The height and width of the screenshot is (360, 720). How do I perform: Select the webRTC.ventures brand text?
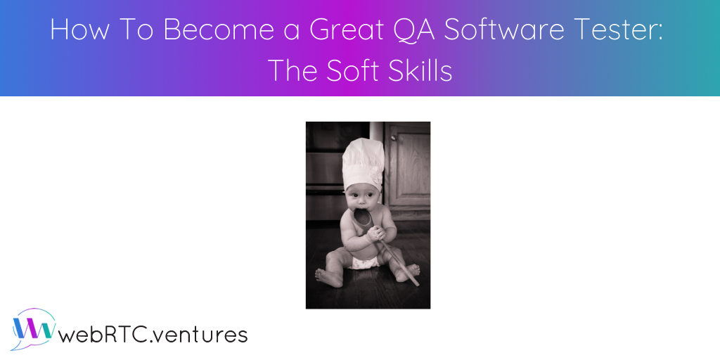pyautogui.click(x=154, y=334)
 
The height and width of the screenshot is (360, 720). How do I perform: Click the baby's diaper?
pyautogui.click(x=364, y=262)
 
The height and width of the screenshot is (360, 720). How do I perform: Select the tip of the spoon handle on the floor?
pyautogui.click(x=416, y=283)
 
